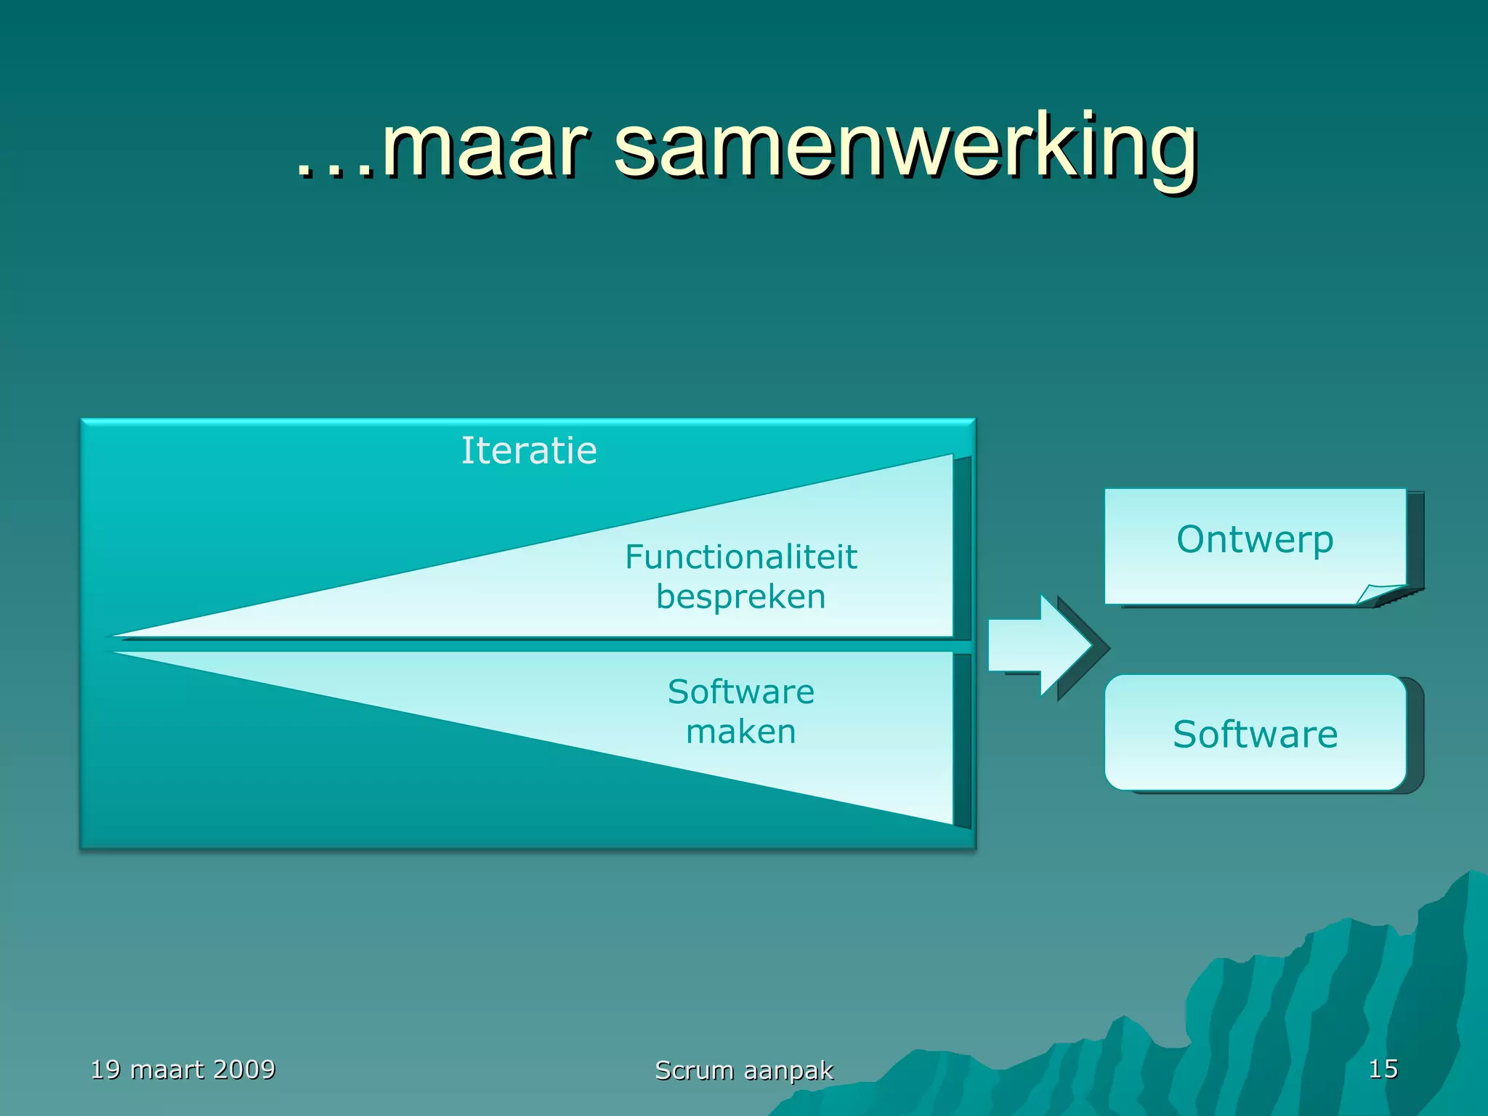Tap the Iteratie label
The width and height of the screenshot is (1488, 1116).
pyautogui.click(x=529, y=450)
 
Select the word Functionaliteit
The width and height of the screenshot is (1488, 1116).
pyautogui.click(x=741, y=557)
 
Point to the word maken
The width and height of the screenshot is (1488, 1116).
pyautogui.click(x=741, y=732)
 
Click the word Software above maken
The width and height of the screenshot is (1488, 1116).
pyautogui.click(x=741, y=692)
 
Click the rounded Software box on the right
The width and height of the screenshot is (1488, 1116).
pyautogui.click(x=1255, y=733)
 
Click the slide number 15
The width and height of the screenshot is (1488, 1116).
pyautogui.click(x=1383, y=1069)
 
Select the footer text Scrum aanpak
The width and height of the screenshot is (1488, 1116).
pyautogui.click(x=744, y=1070)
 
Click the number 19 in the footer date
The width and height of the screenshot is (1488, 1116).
pyautogui.click(x=105, y=1069)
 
